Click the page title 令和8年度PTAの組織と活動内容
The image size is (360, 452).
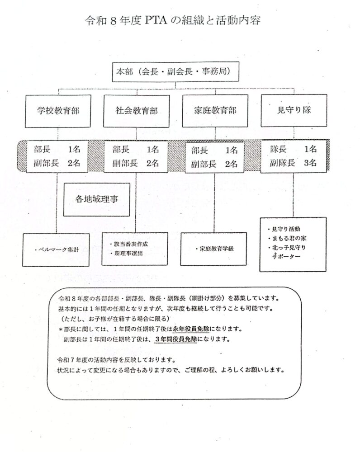coord(173,21)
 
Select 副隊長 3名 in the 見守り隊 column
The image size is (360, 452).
coord(294,164)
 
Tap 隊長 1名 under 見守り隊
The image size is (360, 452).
coord(294,149)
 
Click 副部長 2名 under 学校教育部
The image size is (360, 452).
coord(57,164)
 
